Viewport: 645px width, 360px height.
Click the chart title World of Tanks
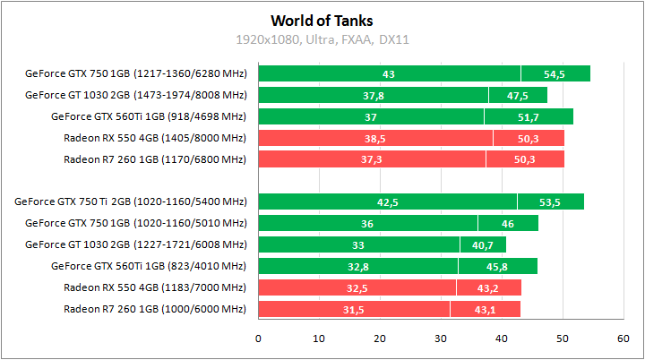(322, 20)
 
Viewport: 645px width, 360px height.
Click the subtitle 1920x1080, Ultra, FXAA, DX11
(322, 39)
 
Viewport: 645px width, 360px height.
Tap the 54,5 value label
(555, 73)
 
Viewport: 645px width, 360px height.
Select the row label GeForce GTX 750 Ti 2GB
(130, 201)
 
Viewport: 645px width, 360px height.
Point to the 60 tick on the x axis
(623, 339)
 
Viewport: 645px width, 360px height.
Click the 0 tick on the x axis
(258, 339)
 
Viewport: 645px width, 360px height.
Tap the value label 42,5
(387, 202)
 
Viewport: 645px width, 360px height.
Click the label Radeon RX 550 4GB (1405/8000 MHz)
(154, 138)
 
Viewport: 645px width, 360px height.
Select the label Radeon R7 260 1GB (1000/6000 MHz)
(154, 309)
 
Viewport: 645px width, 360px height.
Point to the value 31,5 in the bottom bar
(353, 310)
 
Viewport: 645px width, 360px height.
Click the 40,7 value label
(483, 245)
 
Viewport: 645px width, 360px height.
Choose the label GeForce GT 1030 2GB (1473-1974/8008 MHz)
(135, 95)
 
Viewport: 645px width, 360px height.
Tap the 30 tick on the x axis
(440, 339)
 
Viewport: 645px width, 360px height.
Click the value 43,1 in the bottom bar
(485, 310)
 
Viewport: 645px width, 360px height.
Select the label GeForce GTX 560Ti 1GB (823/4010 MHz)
(148, 266)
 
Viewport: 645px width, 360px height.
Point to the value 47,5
(517, 95)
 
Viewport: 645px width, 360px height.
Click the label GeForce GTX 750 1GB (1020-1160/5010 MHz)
(135, 223)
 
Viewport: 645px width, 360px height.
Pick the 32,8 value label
(357, 267)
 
